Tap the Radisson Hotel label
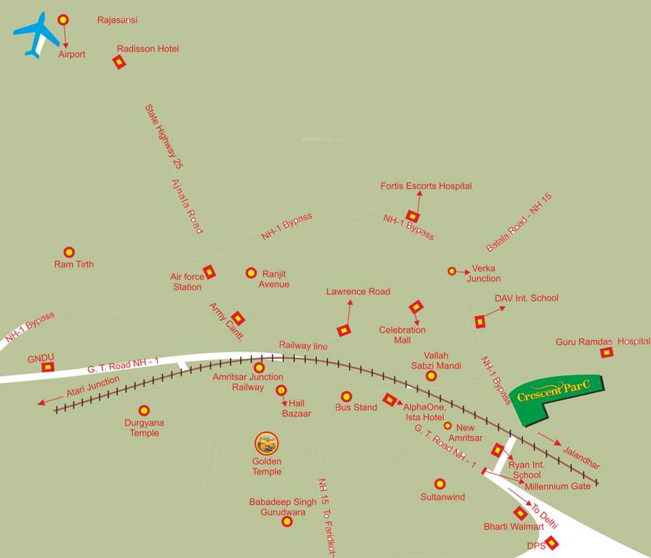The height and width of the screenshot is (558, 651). tap(147, 49)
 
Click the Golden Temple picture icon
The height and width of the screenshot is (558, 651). tap(267, 442)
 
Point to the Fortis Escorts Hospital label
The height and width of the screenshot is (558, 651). tap(426, 186)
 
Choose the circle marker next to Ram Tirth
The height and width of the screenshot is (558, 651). tap(69, 252)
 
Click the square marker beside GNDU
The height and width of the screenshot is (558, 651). tap(48, 367)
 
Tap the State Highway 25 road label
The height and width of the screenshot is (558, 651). tap(163, 137)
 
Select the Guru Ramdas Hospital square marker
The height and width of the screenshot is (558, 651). tap(606, 352)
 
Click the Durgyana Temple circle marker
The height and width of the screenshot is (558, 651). tap(144, 411)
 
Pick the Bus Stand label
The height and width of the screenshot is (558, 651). tap(356, 408)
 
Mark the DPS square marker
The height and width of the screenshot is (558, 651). tap(552, 542)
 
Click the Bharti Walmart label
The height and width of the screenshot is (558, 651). tap(514, 526)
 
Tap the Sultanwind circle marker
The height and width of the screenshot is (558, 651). tap(440, 484)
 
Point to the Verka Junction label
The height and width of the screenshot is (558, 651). tap(483, 273)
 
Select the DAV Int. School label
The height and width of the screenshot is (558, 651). tap(526, 298)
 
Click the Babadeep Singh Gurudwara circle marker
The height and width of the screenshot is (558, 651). tap(287, 522)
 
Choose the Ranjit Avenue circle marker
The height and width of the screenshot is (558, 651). tap(251, 272)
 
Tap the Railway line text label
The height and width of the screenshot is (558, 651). tap(303, 346)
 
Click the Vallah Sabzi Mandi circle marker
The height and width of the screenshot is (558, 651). tap(431, 376)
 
